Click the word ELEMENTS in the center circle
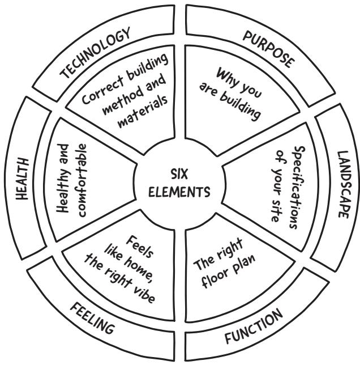[x=179, y=190]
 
